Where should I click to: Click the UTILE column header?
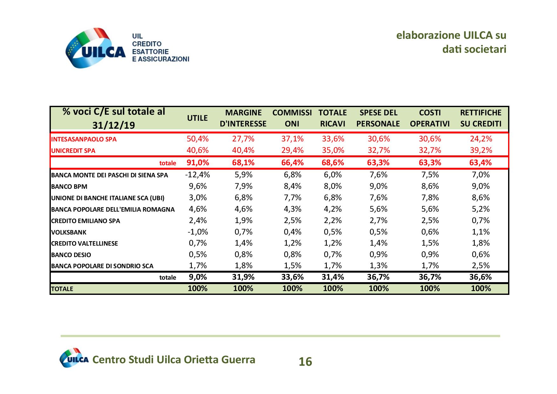click(x=197, y=118)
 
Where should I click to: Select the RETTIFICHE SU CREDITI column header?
click(x=480, y=118)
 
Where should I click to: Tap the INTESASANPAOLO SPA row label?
click(x=84, y=139)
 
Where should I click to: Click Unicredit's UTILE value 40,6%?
click(x=198, y=150)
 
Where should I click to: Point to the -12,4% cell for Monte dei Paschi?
click(x=198, y=174)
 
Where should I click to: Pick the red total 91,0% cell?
click(x=198, y=163)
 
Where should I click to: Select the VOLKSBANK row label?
click(x=69, y=232)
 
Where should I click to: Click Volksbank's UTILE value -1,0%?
click(x=198, y=232)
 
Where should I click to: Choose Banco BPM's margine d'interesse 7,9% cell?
click(x=243, y=186)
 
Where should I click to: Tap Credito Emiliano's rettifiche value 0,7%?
click(x=480, y=220)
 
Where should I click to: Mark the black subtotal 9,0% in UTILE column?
click(x=198, y=277)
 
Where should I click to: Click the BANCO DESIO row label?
click(x=71, y=255)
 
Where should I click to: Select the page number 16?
click(x=305, y=362)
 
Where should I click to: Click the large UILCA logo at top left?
click(x=95, y=48)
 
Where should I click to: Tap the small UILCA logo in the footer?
click(x=74, y=358)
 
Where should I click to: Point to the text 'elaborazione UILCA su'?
click(x=451, y=35)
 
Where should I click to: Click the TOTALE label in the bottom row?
click(x=62, y=289)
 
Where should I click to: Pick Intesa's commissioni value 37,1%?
click(x=292, y=139)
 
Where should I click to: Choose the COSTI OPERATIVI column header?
click(x=430, y=118)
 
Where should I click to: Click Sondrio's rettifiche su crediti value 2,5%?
click(x=480, y=266)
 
